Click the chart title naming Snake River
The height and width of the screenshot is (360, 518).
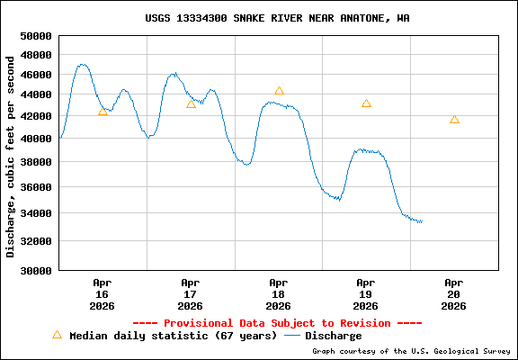(x=277, y=18)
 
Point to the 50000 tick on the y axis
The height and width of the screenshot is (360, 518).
(x=35, y=36)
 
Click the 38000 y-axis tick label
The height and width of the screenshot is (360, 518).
(x=35, y=162)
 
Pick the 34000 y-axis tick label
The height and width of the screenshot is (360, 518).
(x=35, y=213)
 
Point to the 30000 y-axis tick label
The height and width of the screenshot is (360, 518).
(x=35, y=270)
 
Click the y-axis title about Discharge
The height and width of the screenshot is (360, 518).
(x=11, y=156)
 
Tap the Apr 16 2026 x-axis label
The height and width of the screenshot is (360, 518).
(x=103, y=293)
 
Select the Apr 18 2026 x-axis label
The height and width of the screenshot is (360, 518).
(x=279, y=293)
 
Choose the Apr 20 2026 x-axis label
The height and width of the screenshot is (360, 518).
(x=454, y=293)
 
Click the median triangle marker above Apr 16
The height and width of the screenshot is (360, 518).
(x=103, y=111)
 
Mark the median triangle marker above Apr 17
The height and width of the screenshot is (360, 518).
(x=191, y=104)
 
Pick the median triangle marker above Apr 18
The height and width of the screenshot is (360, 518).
(x=279, y=91)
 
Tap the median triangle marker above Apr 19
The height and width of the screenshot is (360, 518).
(x=366, y=103)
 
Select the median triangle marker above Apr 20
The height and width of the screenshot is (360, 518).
(x=454, y=120)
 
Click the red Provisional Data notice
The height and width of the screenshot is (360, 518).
(x=277, y=322)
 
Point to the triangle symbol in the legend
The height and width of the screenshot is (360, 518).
(x=57, y=335)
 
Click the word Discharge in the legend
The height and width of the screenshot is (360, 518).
(x=334, y=336)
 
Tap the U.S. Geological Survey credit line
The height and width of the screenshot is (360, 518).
(x=411, y=351)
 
